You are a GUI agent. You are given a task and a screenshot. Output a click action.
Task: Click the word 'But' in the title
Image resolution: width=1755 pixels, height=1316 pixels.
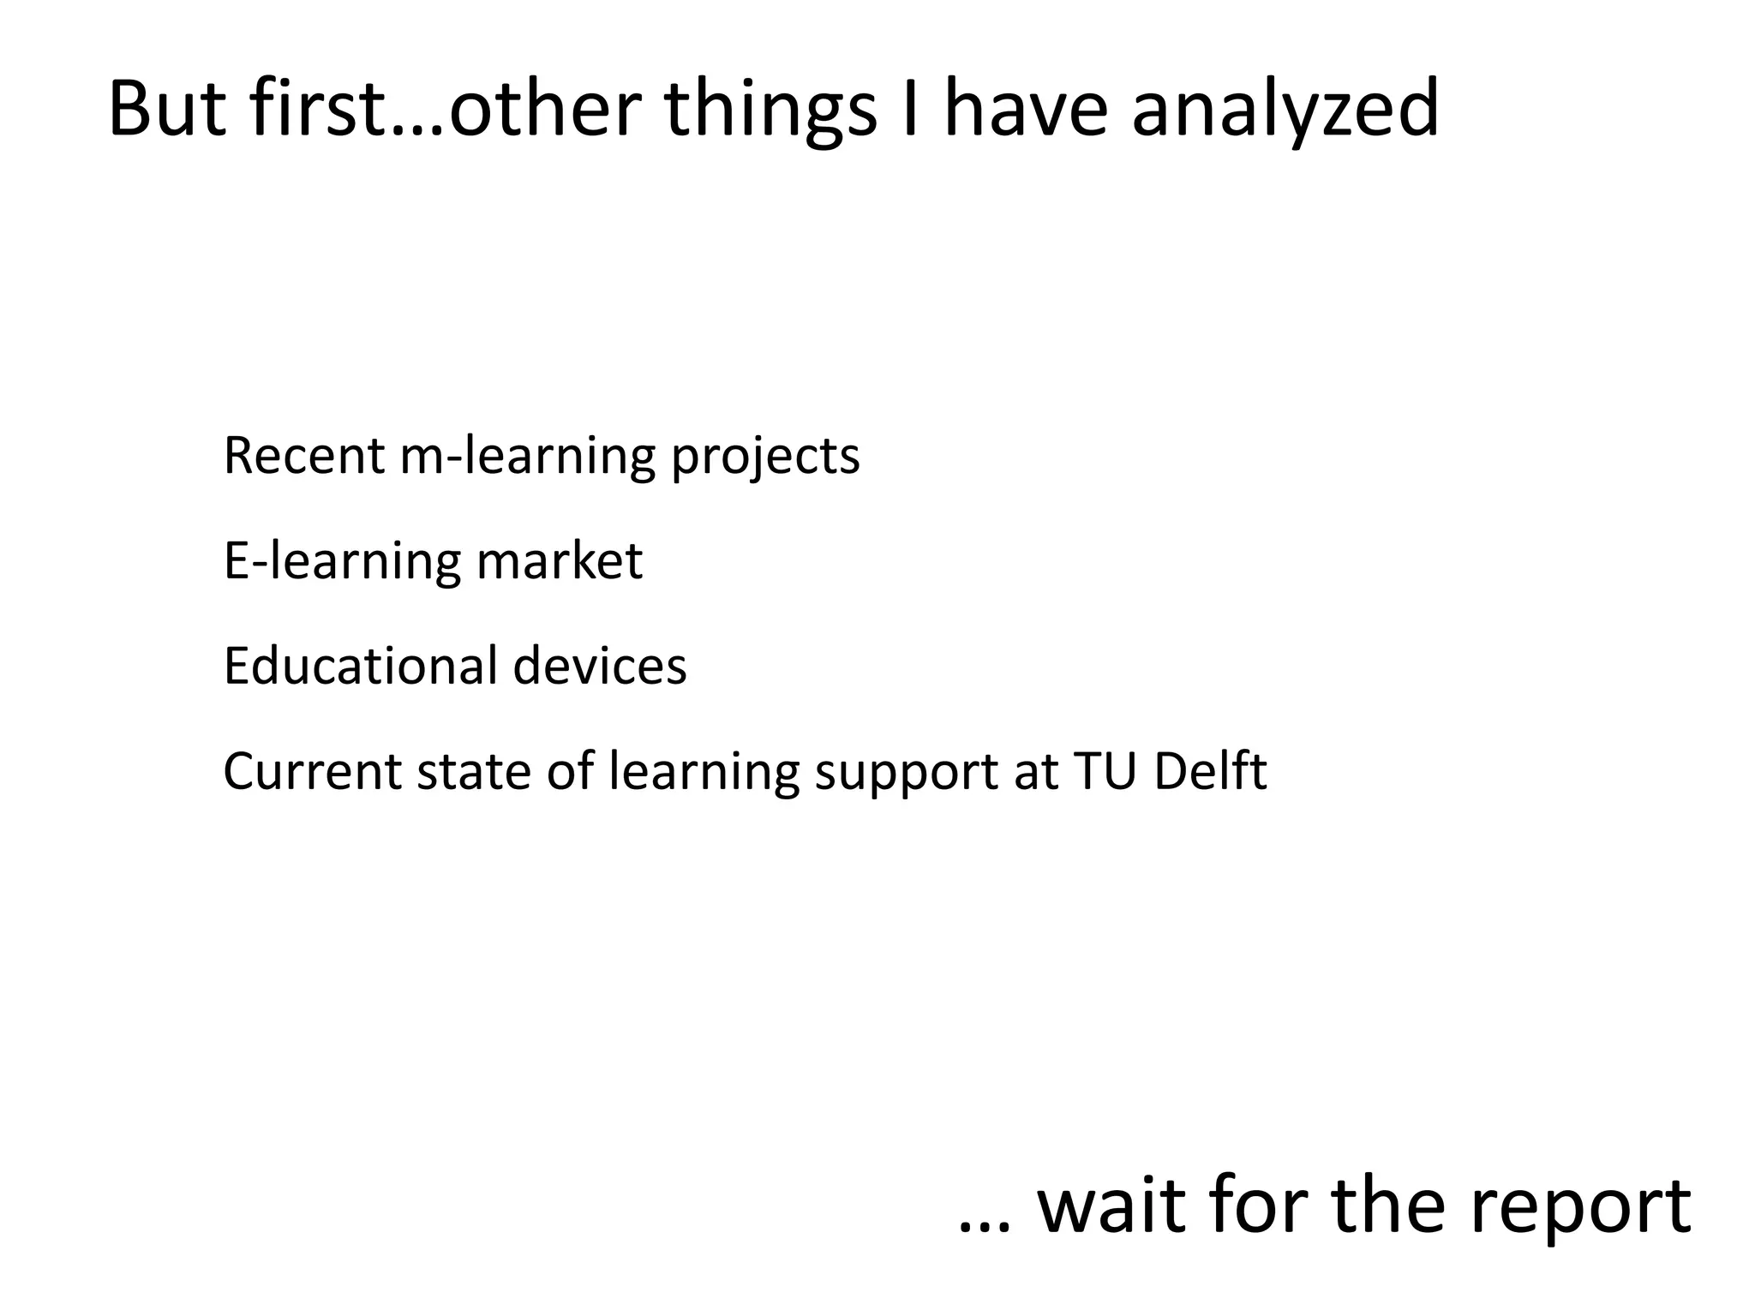(168, 110)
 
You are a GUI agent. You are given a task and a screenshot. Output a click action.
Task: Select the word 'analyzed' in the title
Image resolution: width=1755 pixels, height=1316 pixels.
(1285, 110)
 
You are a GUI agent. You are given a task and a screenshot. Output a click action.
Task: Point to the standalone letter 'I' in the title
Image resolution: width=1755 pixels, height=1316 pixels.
(910, 110)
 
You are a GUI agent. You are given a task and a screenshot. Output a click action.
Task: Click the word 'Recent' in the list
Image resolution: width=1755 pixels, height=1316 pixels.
(304, 456)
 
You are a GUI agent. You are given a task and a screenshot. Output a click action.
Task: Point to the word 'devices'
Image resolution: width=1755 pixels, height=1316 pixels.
(600, 666)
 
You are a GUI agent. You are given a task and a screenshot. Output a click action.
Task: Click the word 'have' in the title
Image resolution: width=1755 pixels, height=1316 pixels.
(1027, 110)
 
